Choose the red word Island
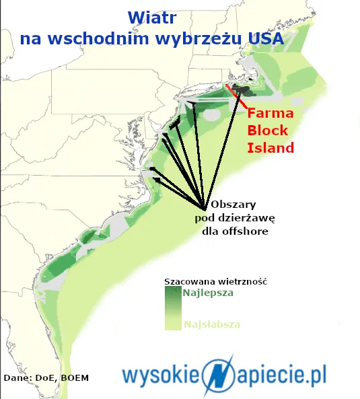click(x=271, y=147)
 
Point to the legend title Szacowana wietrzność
click(x=215, y=281)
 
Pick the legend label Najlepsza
click(x=208, y=293)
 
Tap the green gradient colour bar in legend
click(x=172, y=308)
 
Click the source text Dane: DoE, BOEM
click(x=46, y=377)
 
